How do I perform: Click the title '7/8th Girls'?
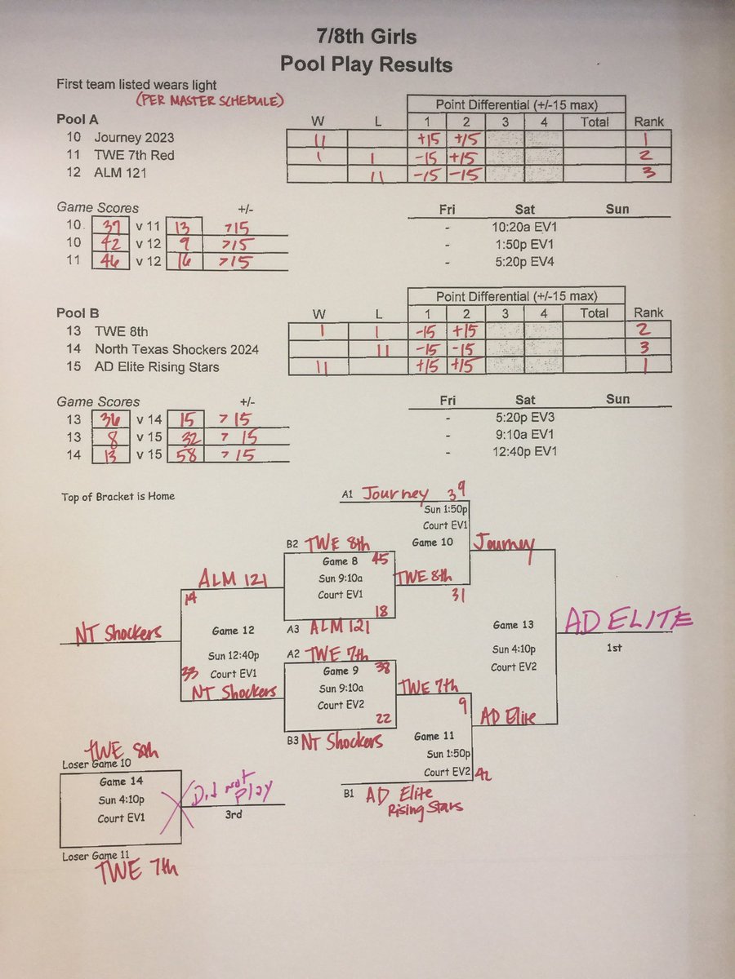click(367, 37)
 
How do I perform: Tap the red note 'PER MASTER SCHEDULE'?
click(210, 100)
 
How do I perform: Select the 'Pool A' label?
click(78, 119)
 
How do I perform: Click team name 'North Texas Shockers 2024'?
click(176, 349)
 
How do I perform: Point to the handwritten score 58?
click(186, 455)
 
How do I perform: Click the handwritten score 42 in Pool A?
click(109, 244)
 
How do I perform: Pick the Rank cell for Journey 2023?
click(648, 139)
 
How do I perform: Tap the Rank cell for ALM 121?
click(648, 173)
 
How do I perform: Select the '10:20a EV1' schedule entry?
click(524, 228)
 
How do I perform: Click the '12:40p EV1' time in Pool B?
click(525, 452)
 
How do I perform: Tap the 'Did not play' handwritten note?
click(232, 790)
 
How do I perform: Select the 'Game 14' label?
click(122, 782)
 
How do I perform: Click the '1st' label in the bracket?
click(614, 648)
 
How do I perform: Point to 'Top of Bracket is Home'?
click(118, 496)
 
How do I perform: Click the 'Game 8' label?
click(341, 561)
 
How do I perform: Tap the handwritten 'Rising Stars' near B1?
click(425, 809)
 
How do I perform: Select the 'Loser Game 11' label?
click(96, 856)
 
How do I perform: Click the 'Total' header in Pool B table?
click(594, 313)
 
